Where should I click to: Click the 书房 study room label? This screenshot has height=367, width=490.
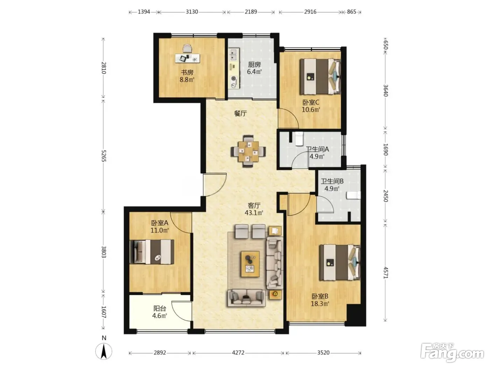[x=187, y=72]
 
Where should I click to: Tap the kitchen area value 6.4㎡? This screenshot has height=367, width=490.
[x=254, y=72]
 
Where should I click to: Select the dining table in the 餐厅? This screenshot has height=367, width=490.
[x=248, y=151]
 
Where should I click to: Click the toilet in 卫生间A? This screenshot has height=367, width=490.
[x=299, y=138]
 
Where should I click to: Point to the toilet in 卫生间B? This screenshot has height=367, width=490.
[x=353, y=195]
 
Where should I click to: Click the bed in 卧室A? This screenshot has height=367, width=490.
[x=152, y=252]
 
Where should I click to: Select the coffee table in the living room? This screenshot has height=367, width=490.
[x=250, y=264]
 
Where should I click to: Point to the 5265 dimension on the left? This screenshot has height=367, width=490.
[x=104, y=156]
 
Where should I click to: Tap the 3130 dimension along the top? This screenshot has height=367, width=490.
[x=192, y=12]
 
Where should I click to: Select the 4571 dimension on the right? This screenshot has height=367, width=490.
[x=386, y=272]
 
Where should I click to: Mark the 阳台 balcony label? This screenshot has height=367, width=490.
[x=160, y=308]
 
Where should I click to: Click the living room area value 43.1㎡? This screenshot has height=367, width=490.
[x=254, y=213]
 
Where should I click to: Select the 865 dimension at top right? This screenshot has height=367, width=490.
[x=351, y=12]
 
